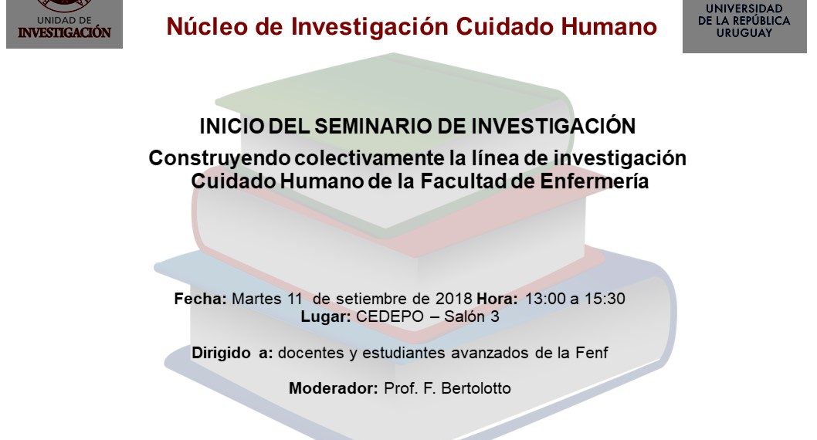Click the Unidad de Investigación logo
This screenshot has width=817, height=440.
pyautogui.click(x=65, y=24)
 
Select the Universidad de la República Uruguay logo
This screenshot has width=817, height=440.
pyautogui.click(x=744, y=26)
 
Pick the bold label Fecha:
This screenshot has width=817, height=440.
pyautogui.click(x=200, y=299)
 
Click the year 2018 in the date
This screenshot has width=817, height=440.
pyautogui.click(x=453, y=299)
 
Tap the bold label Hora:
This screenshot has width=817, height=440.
pyautogui.click(x=497, y=299)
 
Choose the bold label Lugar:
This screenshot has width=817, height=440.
pyautogui.click(x=326, y=316)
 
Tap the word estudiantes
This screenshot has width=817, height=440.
pyautogui.click(x=404, y=353)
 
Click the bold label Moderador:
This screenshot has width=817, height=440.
pyautogui.click(x=334, y=388)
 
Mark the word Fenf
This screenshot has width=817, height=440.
pyautogui.click(x=592, y=353)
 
